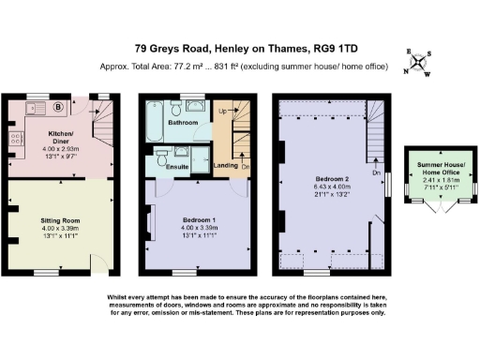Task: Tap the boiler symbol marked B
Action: click(x=59, y=106)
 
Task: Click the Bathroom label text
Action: click(x=182, y=123)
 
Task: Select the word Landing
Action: click(x=225, y=166)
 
